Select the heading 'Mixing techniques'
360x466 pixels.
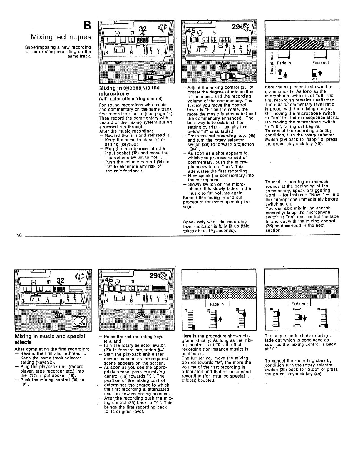coord(61,37)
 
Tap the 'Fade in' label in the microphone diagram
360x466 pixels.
coord(284,63)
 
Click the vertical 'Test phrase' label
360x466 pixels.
coord(272,63)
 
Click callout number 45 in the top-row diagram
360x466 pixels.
coord(191,31)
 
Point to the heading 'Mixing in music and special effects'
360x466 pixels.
coord(50,339)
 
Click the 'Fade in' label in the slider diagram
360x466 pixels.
coord(217,304)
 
